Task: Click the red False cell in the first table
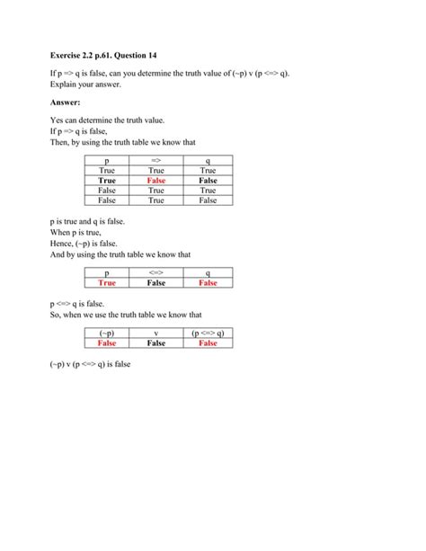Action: click(155, 180)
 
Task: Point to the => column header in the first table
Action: click(155, 159)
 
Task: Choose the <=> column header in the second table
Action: click(155, 271)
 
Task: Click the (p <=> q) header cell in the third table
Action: click(209, 333)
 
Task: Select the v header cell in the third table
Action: click(155, 333)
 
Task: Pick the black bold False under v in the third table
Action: click(155, 342)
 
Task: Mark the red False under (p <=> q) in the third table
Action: click(209, 342)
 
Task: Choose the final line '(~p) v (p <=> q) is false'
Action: click(99, 365)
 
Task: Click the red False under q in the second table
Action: click(209, 282)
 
